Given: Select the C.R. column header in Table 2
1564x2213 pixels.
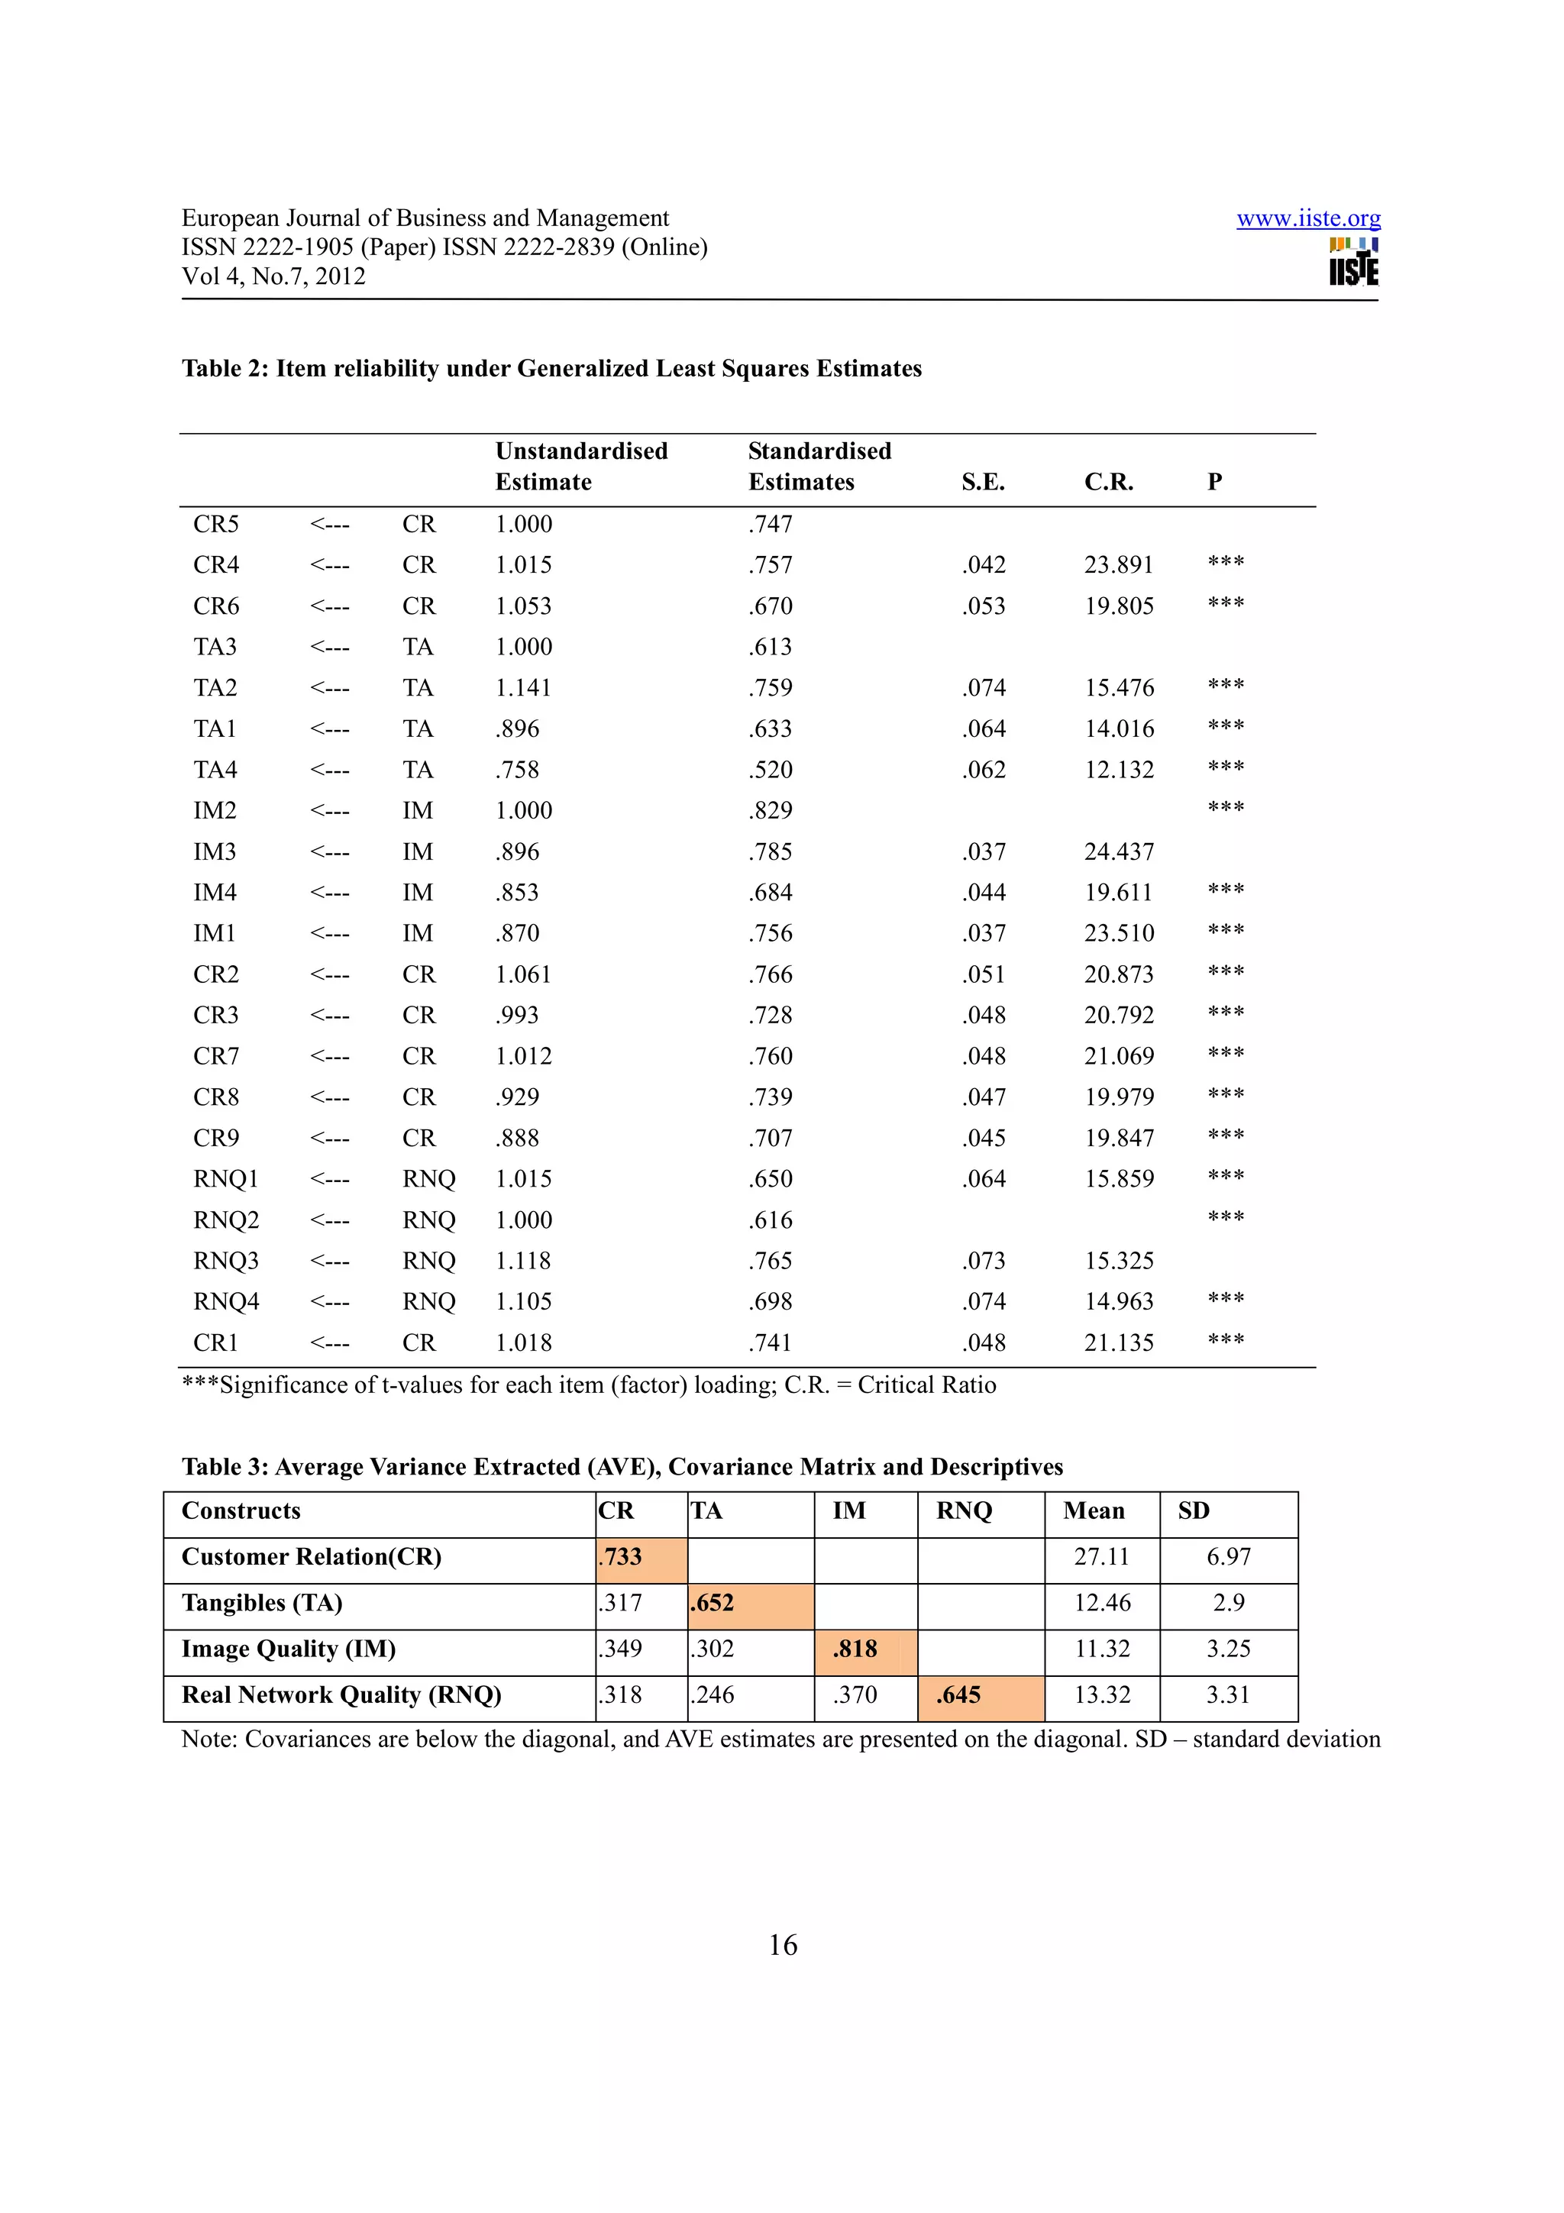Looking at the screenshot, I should (x=1108, y=482).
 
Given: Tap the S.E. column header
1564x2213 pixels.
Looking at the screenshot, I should (x=982, y=482).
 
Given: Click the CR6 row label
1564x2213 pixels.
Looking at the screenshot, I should (x=216, y=606).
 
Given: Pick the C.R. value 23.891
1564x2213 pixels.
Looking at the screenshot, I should (x=1118, y=565).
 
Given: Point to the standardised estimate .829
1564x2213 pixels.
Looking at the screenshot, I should (x=770, y=811).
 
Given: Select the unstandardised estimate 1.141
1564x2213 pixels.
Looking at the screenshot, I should (x=523, y=688).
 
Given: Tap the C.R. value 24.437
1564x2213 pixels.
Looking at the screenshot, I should (x=1118, y=852).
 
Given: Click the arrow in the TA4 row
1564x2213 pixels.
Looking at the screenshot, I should (x=330, y=770).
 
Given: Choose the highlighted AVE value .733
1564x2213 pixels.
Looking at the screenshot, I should (x=622, y=1556).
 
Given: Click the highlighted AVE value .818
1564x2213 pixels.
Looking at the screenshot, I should (x=856, y=1649).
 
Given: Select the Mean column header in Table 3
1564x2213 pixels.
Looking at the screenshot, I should (x=1094, y=1510).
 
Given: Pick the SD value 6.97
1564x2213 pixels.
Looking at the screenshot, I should (x=1228, y=1556).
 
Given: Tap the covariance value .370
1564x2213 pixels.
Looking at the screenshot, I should (x=856, y=1694).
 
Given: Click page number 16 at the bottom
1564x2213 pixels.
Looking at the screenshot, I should (x=783, y=1945).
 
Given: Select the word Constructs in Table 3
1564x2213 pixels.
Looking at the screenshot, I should (x=241, y=1510).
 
